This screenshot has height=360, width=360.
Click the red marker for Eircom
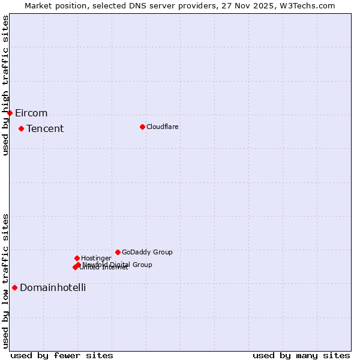[10, 113]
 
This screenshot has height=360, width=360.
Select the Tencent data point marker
[21, 128]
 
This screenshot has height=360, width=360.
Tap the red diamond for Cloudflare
[142, 127]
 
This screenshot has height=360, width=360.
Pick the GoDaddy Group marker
[118, 252]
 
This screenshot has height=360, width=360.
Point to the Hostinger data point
[77, 258]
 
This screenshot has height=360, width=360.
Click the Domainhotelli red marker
[14, 287]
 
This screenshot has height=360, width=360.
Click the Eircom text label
[31, 113]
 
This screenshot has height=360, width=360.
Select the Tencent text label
[45, 129]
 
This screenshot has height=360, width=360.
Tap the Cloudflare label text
[162, 127]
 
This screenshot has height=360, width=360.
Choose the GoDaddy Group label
[147, 252]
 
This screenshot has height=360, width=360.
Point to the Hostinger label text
[96, 258]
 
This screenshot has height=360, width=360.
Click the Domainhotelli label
[53, 288]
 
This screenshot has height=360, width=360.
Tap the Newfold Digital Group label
[118, 264]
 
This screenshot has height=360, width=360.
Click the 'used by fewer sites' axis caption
[62, 356]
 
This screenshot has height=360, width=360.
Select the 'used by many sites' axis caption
[301, 356]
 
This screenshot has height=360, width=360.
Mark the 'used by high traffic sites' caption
[6, 85]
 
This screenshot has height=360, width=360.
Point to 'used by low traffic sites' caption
[6, 281]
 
